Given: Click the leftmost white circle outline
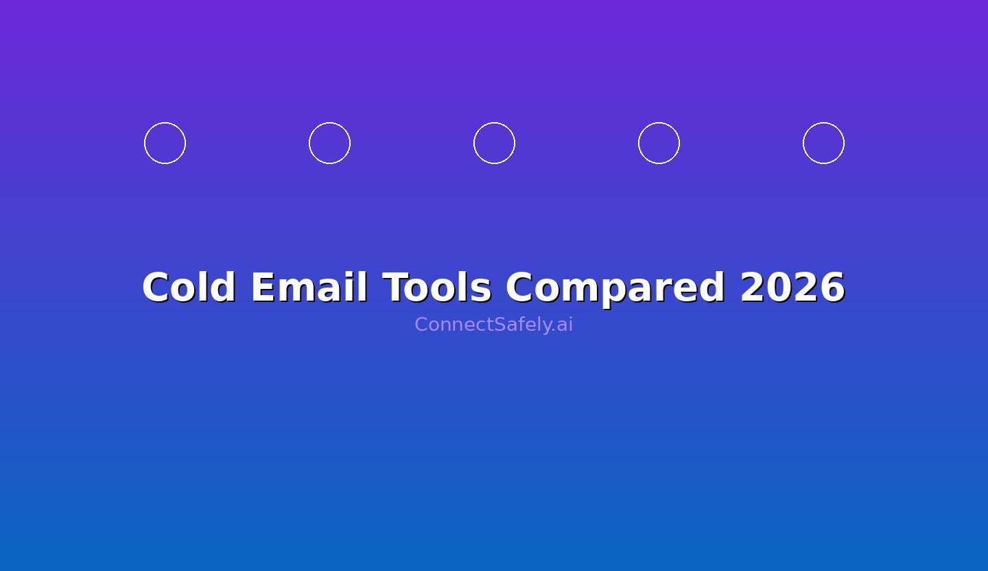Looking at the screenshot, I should tap(165, 143).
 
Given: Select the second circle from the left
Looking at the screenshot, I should tap(329, 143).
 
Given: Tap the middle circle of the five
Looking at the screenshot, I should tap(494, 143).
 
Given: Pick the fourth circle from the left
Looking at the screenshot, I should tap(659, 143).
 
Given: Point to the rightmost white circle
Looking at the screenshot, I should tap(823, 143).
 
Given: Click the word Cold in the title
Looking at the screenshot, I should tap(189, 288).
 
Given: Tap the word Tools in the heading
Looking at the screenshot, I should tap(436, 288).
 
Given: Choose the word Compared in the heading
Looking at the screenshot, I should tap(615, 288).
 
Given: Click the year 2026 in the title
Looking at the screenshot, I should tap(792, 288).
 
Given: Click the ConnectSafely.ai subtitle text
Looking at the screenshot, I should tap(493, 325).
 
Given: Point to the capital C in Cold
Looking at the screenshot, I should tap(156, 288).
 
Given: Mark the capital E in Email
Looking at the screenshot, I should tap(263, 288).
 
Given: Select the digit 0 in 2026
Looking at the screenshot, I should tap(780, 288).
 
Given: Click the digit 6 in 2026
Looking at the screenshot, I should tap(832, 288).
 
